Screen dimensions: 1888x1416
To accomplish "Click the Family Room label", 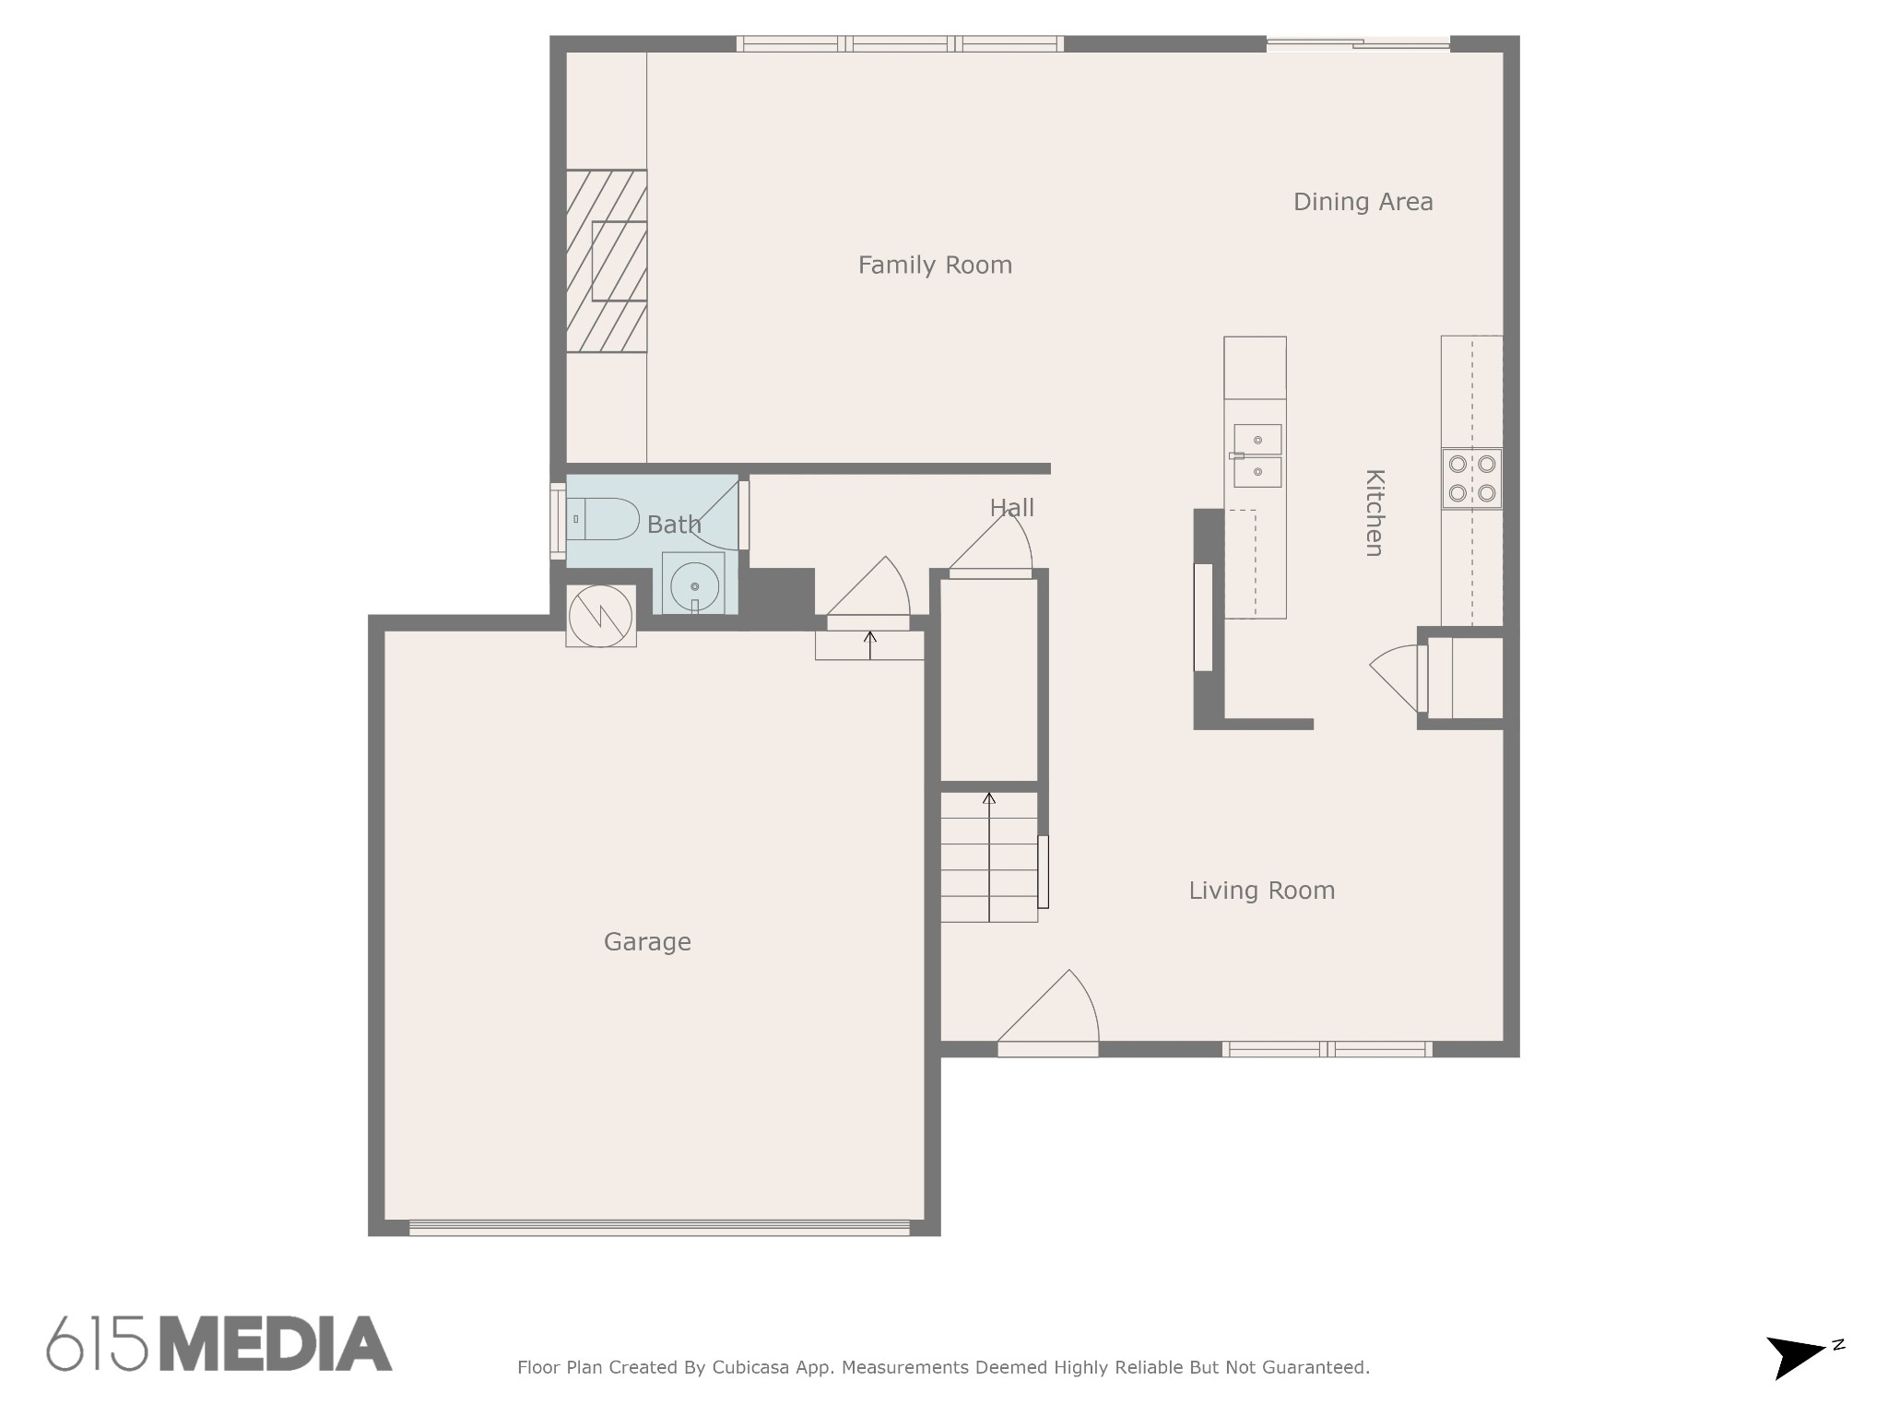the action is click(x=935, y=265).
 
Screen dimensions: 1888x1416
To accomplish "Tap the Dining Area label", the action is click(x=1363, y=202).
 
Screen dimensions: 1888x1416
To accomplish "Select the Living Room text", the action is click(x=1261, y=891).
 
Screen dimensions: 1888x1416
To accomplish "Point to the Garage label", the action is click(x=647, y=942).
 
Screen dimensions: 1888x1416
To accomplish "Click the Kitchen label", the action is click(x=1375, y=513).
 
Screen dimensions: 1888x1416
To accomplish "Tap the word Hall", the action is click(x=1011, y=508).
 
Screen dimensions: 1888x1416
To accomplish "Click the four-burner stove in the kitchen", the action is click(x=1472, y=478).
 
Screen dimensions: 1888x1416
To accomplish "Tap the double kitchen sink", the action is click(x=1257, y=455).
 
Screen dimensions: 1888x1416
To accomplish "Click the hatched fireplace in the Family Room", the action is click(x=606, y=261).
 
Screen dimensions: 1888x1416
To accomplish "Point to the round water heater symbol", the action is click(x=601, y=616).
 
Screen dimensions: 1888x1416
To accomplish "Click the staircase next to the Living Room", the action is click(x=989, y=856).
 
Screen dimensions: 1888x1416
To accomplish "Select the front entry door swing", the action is click(x=1048, y=1013).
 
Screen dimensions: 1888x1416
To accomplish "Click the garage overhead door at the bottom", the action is click(x=659, y=1227).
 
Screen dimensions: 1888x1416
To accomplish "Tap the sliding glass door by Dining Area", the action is click(x=1358, y=43).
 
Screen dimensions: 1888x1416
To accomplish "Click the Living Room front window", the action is click(x=1327, y=1049).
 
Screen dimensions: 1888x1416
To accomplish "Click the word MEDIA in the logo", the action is click(x=276, y=1344).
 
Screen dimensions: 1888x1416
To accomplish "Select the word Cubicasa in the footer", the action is click(x=749, y=1368).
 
